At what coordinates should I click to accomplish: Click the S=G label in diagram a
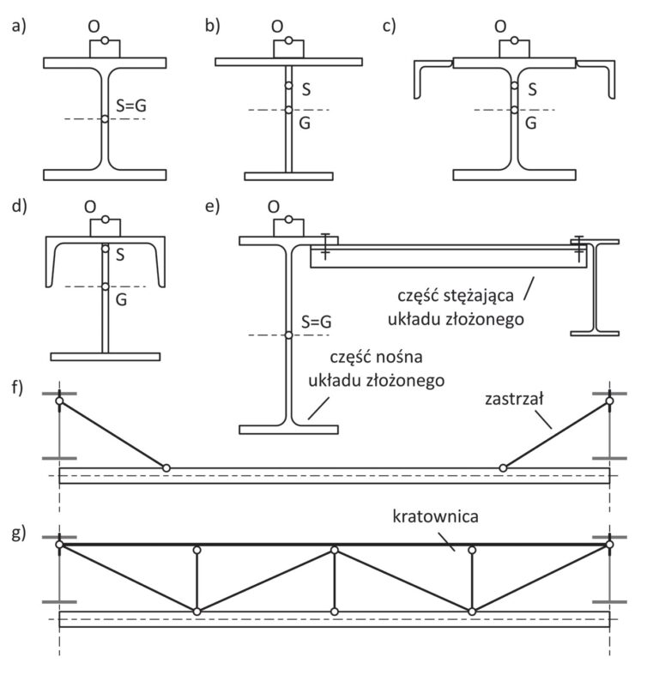tap(131, 105)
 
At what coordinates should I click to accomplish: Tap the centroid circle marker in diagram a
tap(105, 119)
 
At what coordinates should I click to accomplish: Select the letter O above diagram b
tap(277, 27)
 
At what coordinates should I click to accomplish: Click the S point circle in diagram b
tap(288, 86)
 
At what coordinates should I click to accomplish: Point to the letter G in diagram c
tap(530, 124)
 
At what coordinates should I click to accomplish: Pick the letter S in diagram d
tap(120, 255)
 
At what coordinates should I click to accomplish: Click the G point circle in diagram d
tap(105, 286)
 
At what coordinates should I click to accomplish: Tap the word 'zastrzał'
tap(514, 399)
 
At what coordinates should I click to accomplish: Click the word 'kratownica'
tap(435, 516)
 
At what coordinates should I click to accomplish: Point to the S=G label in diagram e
tap(317, 322)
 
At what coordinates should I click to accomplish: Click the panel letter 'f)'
tap(17, 388)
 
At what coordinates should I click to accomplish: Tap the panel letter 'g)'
tap(19, 533)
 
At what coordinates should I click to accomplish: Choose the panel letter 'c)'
tap(389, 26)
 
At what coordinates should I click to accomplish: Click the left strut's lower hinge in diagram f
tap(166, 468)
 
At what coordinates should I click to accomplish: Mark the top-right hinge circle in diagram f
tap(609, 401)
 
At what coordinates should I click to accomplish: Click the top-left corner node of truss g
tap(59, 545)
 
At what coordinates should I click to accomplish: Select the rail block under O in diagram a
tap(105, 49)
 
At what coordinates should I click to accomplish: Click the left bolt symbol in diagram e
tap(325, 246)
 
